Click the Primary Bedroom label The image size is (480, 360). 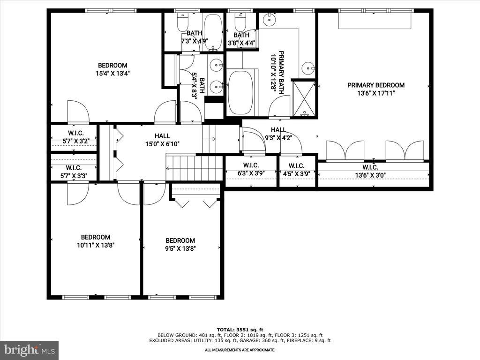(x=375, y=85)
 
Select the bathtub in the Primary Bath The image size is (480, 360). (x=240, y=92)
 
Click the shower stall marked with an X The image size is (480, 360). (x=304, y=98)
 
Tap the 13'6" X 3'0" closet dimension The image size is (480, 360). (x=370, y=175)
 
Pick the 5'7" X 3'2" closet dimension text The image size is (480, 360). (x=75, y=142)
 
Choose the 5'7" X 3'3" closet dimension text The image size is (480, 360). (x=74, y=176)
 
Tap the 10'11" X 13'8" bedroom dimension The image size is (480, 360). (x=96, y=245)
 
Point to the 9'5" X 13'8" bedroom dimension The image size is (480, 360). (x=180, y=248)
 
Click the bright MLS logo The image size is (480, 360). (x=30, y=350)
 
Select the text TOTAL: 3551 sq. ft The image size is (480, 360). (x=240, y=330)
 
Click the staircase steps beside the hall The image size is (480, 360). (x=194, y=168)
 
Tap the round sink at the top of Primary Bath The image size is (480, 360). (x=269, y=19)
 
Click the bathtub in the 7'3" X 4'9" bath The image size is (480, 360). (x=213, y=32)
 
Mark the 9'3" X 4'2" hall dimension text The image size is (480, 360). (x=278, y=138)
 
